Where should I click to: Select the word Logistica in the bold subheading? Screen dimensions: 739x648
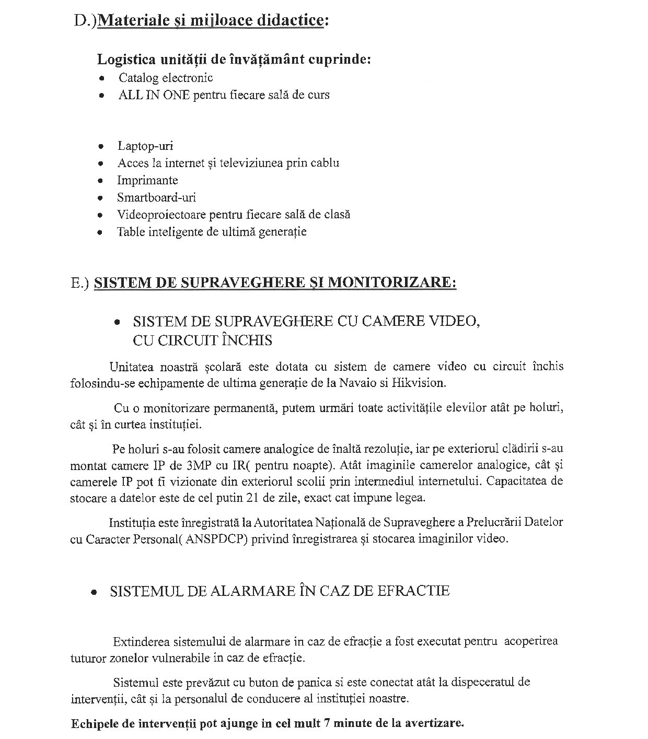point(123,59)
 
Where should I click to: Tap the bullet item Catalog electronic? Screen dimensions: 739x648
point(166,78)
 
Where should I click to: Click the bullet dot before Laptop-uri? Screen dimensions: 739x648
point(101,147)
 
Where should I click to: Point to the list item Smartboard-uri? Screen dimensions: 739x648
point(156,197)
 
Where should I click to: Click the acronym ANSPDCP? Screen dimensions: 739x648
point(216,539)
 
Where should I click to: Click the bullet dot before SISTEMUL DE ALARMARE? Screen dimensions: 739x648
point(95,593)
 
